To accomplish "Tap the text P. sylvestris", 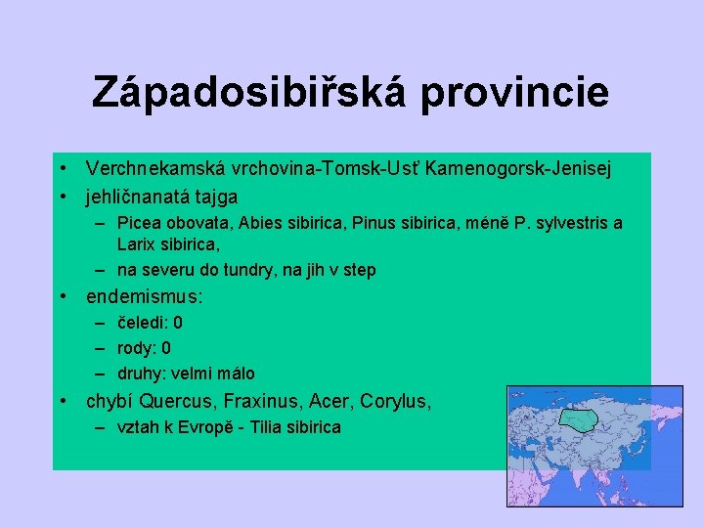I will pos(557,223).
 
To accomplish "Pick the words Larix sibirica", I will pos(166,242).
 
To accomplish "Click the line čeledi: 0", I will pos(150,322).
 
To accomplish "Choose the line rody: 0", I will pos(144,347).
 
